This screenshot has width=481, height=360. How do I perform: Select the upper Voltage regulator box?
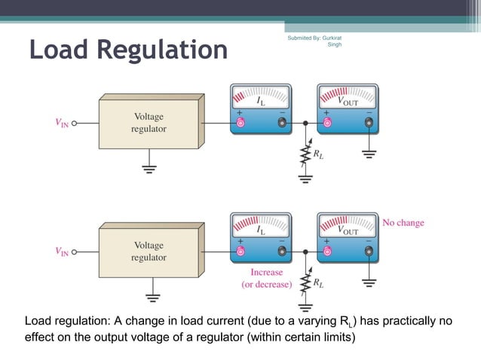(x=150, y=124)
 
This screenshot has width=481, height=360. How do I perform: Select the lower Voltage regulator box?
(x=150, y=252)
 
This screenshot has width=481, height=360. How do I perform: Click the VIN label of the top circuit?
(x=60, y=124)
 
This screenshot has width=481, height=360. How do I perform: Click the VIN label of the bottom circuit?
(x=60, y=252)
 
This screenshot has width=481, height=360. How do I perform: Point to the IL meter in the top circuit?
(x=261, y=110)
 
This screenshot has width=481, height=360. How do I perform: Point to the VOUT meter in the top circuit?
(x=348, y=110)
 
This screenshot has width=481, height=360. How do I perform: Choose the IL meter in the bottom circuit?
(x=261, y=237)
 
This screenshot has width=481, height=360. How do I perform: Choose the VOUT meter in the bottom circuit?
(x=348, y=237)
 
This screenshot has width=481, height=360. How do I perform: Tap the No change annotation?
(x=403, y=223)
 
